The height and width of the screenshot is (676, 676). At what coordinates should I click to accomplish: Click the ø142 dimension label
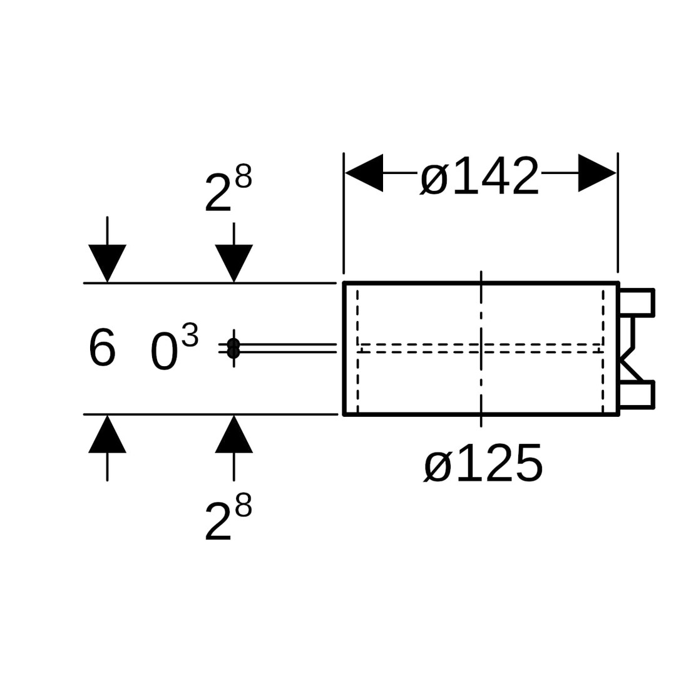(x=479, y=177)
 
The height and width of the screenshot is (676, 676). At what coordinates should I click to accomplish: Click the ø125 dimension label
(x=483, y=464)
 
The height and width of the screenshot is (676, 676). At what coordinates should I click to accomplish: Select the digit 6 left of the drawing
(x=102, y=348)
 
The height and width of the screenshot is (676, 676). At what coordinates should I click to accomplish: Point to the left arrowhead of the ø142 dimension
(x=364, y=173)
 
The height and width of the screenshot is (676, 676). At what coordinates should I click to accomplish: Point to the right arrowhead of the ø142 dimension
(x=597, y=173)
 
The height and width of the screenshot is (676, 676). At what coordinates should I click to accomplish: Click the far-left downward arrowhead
(x=108, y=262)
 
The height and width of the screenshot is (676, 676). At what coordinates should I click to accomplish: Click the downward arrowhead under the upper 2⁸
(x=234, y=262)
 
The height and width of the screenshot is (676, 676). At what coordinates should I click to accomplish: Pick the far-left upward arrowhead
(x=108, y=435)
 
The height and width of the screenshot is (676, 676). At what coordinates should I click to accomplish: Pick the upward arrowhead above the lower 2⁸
(x=234, y=435)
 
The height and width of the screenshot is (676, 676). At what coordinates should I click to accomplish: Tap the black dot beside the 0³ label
(x=233, y=348)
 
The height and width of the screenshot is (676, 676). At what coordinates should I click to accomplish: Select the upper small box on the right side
(x=636, y=303)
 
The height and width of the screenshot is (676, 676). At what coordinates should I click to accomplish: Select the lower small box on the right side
(x=636, y=394)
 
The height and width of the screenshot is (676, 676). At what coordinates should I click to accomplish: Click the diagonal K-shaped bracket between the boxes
(x=630, y=360)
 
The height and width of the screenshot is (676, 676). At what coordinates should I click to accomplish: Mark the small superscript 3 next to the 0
(x=190, y=335)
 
